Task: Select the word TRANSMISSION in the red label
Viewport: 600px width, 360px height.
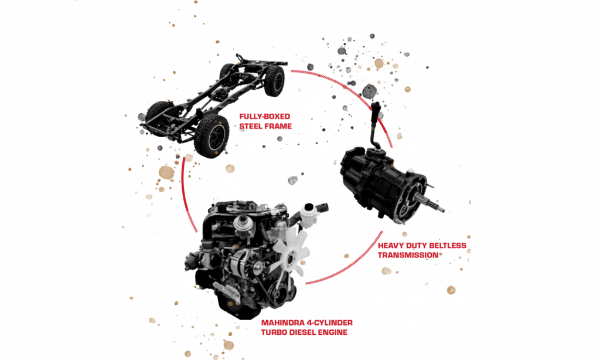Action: click(408, 255)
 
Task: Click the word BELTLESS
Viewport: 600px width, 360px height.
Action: click(446, 246)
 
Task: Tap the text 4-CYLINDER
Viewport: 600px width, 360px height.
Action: click(332, 323)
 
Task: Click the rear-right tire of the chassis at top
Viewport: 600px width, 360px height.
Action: click(274, 80)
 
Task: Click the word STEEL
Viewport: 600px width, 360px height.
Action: click(251, 126)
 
